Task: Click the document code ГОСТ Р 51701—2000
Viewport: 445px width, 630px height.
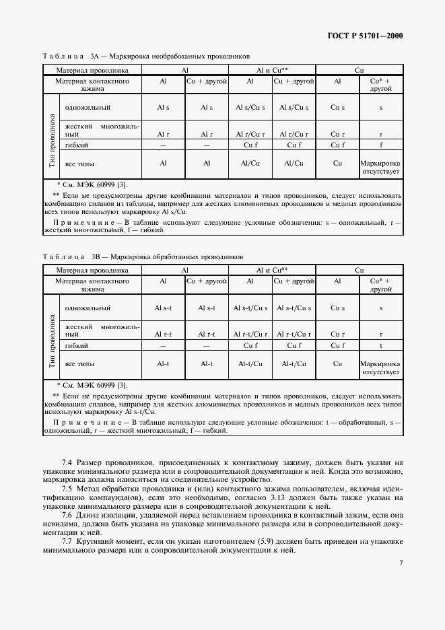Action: pyautogui.click(x=364, y=36)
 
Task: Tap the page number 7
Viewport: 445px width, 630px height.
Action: pyautogui.click(x=400, y=563)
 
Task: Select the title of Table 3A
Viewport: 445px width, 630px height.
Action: pyautogui.click(x=146, y=57)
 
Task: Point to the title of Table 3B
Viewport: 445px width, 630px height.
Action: pyautogui.click(x=143, y=257)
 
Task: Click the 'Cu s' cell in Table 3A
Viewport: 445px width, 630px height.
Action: pyautogui.click(x=338, y=107)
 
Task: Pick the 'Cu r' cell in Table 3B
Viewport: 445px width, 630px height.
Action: pyautogui.click(x=338, y=334)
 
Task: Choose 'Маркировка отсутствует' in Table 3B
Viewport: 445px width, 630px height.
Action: pyautogui.click(x=381, y=367)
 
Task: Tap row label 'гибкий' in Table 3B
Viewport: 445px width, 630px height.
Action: pyautogui.click(x=77, y=345)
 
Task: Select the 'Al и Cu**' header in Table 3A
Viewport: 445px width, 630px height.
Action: pyautogui.click(x=272, y=69)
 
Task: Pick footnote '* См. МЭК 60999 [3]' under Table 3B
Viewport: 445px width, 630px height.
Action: pyautogui.click(x=92, y=385)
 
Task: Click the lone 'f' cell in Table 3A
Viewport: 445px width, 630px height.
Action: pyautogui.click(x=381, y=145)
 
